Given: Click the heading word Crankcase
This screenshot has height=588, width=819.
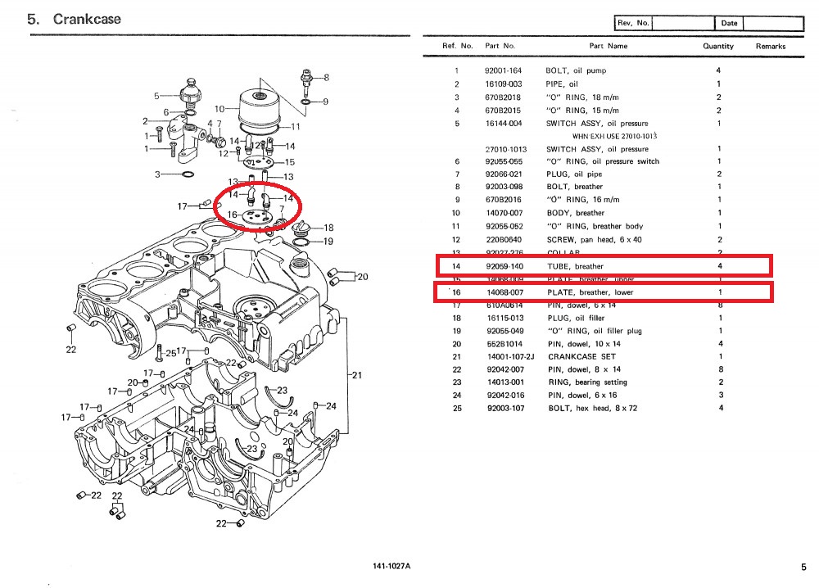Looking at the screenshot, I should pos(87,19).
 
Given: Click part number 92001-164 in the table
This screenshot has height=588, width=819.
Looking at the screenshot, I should pos(503,71).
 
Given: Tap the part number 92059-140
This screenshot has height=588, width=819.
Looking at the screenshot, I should pos(503,266).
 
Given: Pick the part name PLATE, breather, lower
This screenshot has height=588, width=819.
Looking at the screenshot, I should pos(590,292).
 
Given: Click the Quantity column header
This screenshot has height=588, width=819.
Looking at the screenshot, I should pos(717,47).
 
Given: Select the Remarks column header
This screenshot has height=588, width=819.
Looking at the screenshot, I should pos(770,47).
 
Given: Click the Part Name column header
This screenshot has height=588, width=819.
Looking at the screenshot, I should pos(608,47).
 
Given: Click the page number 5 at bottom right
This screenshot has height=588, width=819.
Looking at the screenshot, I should pos(803,566).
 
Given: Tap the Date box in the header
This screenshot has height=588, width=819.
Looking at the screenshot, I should pos(729,23).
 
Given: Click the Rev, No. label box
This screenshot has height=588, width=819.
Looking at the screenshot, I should pos(633,23).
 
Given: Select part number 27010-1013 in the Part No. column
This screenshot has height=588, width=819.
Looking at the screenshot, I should pos(505,149).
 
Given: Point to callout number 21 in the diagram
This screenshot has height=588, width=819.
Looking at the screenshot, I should pos(356,375).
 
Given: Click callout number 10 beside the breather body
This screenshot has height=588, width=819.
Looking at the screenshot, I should pos(219,109).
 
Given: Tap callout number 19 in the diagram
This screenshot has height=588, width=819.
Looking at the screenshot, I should pos(328,242).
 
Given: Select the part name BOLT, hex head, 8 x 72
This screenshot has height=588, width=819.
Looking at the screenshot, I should pos(591,408).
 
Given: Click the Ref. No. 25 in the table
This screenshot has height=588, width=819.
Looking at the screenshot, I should pos(457,408).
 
